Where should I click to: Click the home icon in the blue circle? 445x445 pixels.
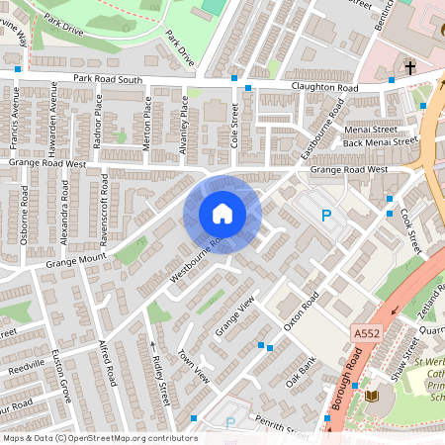[x=222, y=213]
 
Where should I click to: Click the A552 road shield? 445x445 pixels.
[x=367, y=337]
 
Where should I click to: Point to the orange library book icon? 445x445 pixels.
[x=372, y=397]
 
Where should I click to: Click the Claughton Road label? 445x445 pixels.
[x=323, y=88]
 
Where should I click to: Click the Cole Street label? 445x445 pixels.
[x=235, y=128]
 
